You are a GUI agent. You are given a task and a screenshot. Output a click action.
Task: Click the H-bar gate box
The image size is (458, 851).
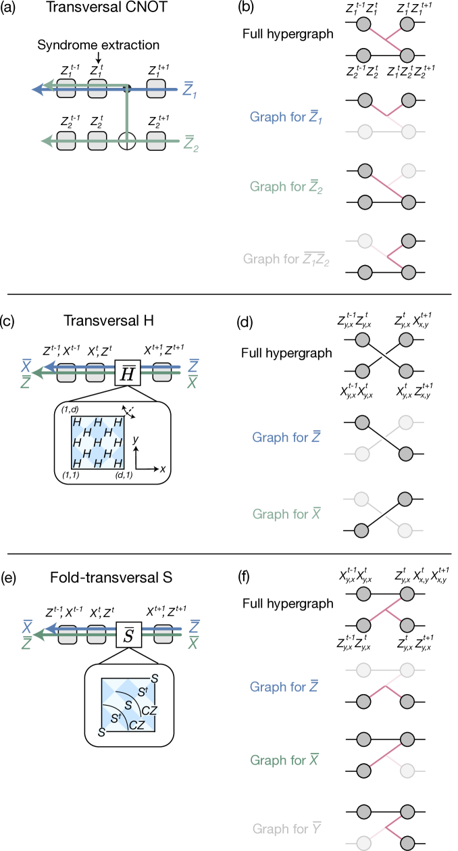coord(127,373)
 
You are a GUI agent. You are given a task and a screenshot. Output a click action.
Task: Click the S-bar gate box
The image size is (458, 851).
coord(128,635)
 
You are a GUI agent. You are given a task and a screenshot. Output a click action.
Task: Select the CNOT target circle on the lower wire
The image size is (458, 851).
coord(127,141)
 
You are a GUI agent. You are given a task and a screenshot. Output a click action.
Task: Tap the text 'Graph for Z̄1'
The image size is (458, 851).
coord(286,117)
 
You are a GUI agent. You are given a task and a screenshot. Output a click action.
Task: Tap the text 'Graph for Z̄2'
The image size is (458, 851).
coord(286,187)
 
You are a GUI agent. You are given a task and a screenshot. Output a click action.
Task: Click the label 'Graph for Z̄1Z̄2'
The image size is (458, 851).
coord(286,259)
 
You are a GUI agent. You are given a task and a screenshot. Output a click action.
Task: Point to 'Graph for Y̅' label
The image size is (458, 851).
coord(286,828)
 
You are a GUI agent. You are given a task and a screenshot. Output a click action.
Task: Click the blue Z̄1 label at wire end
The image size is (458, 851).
coord(190,90)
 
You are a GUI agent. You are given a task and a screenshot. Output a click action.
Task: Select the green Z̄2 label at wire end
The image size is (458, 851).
coord(190,144)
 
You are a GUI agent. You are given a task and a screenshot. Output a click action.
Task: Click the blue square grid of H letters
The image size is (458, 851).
coord(98,443)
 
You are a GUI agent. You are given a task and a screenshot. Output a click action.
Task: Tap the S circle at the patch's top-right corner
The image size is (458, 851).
coord(155,679)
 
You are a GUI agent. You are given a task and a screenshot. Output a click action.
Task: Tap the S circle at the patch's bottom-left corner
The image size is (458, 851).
coord(102,732)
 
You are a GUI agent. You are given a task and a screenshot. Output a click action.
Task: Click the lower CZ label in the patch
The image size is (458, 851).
coord(136,725)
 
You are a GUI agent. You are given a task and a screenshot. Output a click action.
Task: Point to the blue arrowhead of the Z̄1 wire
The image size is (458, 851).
coord(37,89)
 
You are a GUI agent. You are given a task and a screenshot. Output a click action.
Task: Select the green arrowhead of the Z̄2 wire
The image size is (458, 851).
coord(46,141)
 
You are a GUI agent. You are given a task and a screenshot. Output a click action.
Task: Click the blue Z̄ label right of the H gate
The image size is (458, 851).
coord(193,365)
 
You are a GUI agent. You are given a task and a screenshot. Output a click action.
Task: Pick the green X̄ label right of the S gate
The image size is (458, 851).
coord(193,643)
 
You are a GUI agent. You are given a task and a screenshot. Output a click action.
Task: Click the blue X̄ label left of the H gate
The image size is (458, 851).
coord(26,366)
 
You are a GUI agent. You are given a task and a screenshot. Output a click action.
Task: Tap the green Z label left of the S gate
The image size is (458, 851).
coord(26,643)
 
